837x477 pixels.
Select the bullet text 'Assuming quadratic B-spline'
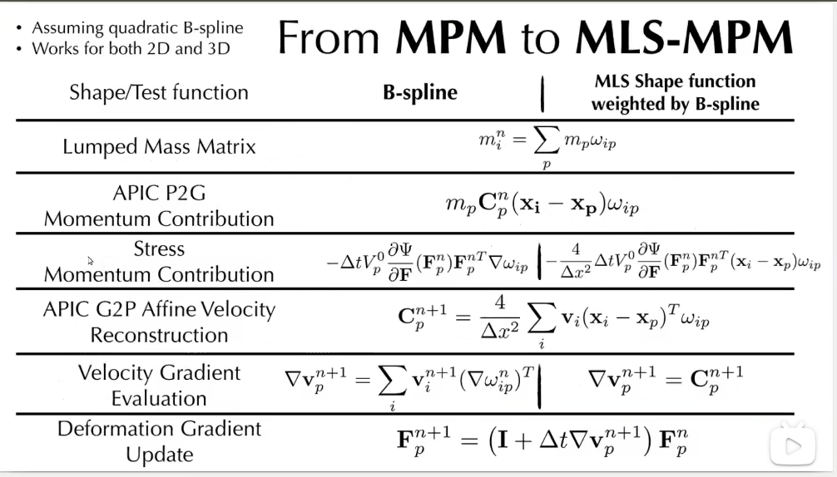click(x=137, y=27)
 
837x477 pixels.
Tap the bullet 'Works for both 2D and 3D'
click(x=131, y=48)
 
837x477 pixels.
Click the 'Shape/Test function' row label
click(x=158, y=91)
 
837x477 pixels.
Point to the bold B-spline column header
click(x=419, y=92)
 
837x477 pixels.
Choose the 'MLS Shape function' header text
click(x=675, y=81)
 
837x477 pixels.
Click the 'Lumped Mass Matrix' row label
click(x=159, y=147)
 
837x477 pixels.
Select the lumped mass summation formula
click(x=546, y=146)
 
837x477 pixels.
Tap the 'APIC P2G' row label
click(x=159, y=193)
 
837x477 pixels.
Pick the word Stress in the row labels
click(x=159, y=248)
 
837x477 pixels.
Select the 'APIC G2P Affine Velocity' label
click(x=159, y=309)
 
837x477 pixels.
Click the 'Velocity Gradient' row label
click(x=159, y=372)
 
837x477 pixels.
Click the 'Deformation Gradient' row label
click(x=159, y=429)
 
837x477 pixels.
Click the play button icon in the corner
click(x=792, y=446)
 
